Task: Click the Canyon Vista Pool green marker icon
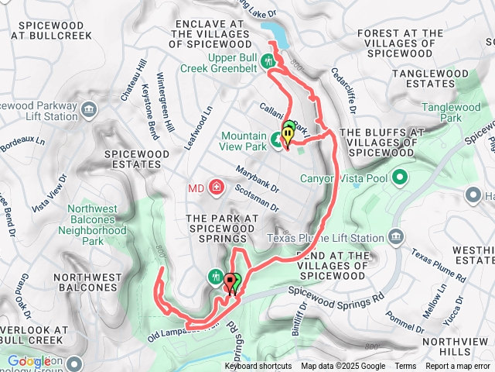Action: [x=400, y=179]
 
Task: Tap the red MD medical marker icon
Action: [x=217, y=187]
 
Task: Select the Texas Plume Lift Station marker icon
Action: [x=395, y=236]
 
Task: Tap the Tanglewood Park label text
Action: [x=459, y=113]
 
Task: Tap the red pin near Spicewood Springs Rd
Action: [x=229, y=284]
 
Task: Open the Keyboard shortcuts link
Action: [x=258, y=367]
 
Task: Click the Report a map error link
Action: [x=458, y=367]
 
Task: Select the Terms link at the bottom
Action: [x=405, y=367]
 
